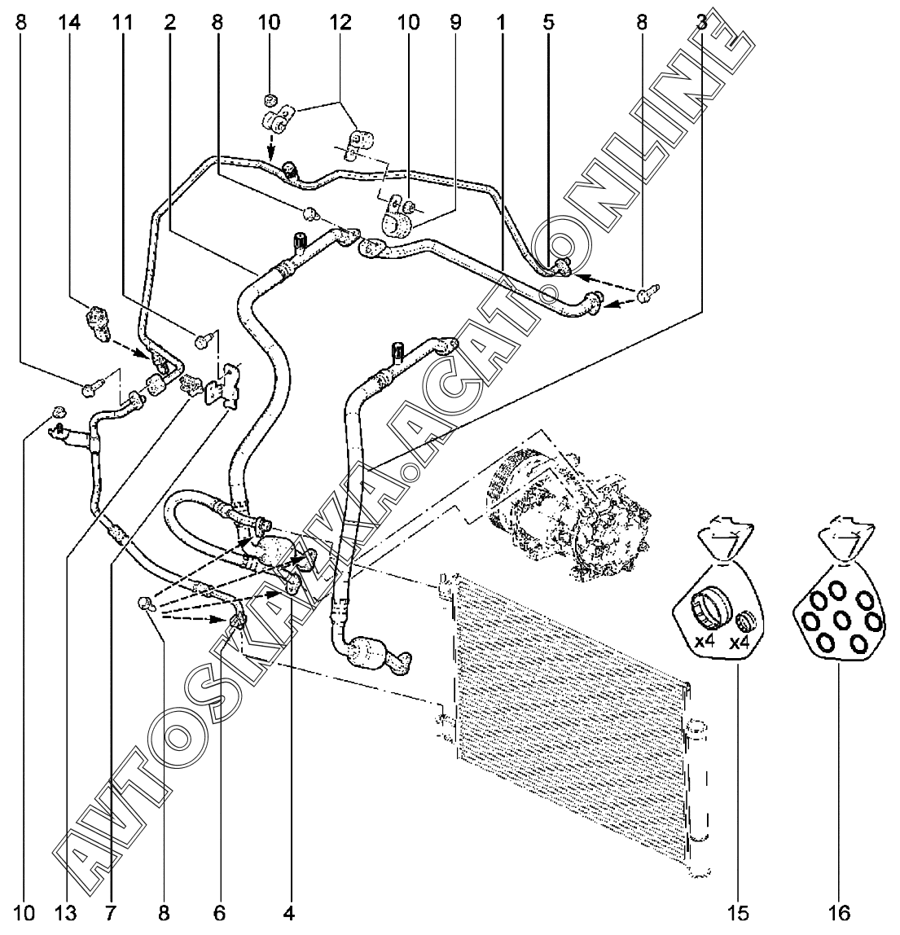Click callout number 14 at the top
pos(69,24)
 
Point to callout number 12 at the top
pos(340,24)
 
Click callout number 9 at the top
pos(455,24)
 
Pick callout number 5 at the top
pos(549,24)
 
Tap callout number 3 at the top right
pos(702,24)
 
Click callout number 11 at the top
pos(123,24)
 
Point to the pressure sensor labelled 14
pos(95,323)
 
